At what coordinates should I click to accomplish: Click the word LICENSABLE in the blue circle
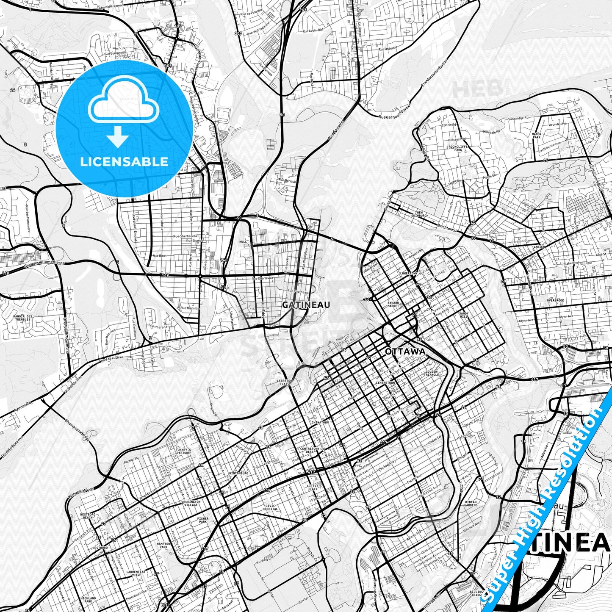(x=124, y=161)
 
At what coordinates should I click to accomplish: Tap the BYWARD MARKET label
(x=393, y=305)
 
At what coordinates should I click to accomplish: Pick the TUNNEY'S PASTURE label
(x=183, y=451)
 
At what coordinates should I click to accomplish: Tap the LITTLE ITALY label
(x=313, y=487)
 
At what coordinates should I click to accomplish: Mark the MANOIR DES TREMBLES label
(x=23, y=318)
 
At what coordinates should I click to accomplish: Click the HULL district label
(x=243, y=242)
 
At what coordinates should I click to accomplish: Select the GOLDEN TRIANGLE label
(x=432, y=373)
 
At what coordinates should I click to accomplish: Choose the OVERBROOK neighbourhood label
(x=555, y=300)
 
